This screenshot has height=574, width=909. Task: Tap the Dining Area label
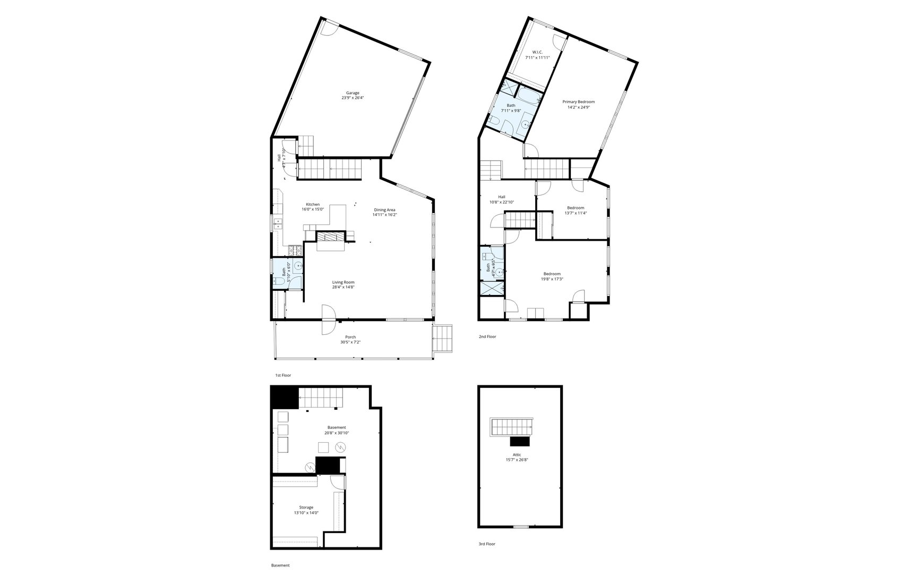click(x=384, y=210)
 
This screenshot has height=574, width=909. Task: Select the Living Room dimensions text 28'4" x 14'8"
click(x=344, y=287)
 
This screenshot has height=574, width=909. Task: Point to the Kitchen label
click(x=313, y=205)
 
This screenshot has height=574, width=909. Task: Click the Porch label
click(x=350, y=337)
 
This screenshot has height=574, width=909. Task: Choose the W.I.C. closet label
click(x=537, y=52)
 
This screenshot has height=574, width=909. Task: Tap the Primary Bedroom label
click(x=578, y=102)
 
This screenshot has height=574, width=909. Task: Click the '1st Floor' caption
click(x=283, y=375)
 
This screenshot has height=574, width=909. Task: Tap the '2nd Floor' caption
click(x=487, y=336)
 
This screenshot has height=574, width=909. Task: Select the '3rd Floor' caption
click(x=487, y=544)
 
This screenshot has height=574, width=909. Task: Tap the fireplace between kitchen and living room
click(x=331, y=237)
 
